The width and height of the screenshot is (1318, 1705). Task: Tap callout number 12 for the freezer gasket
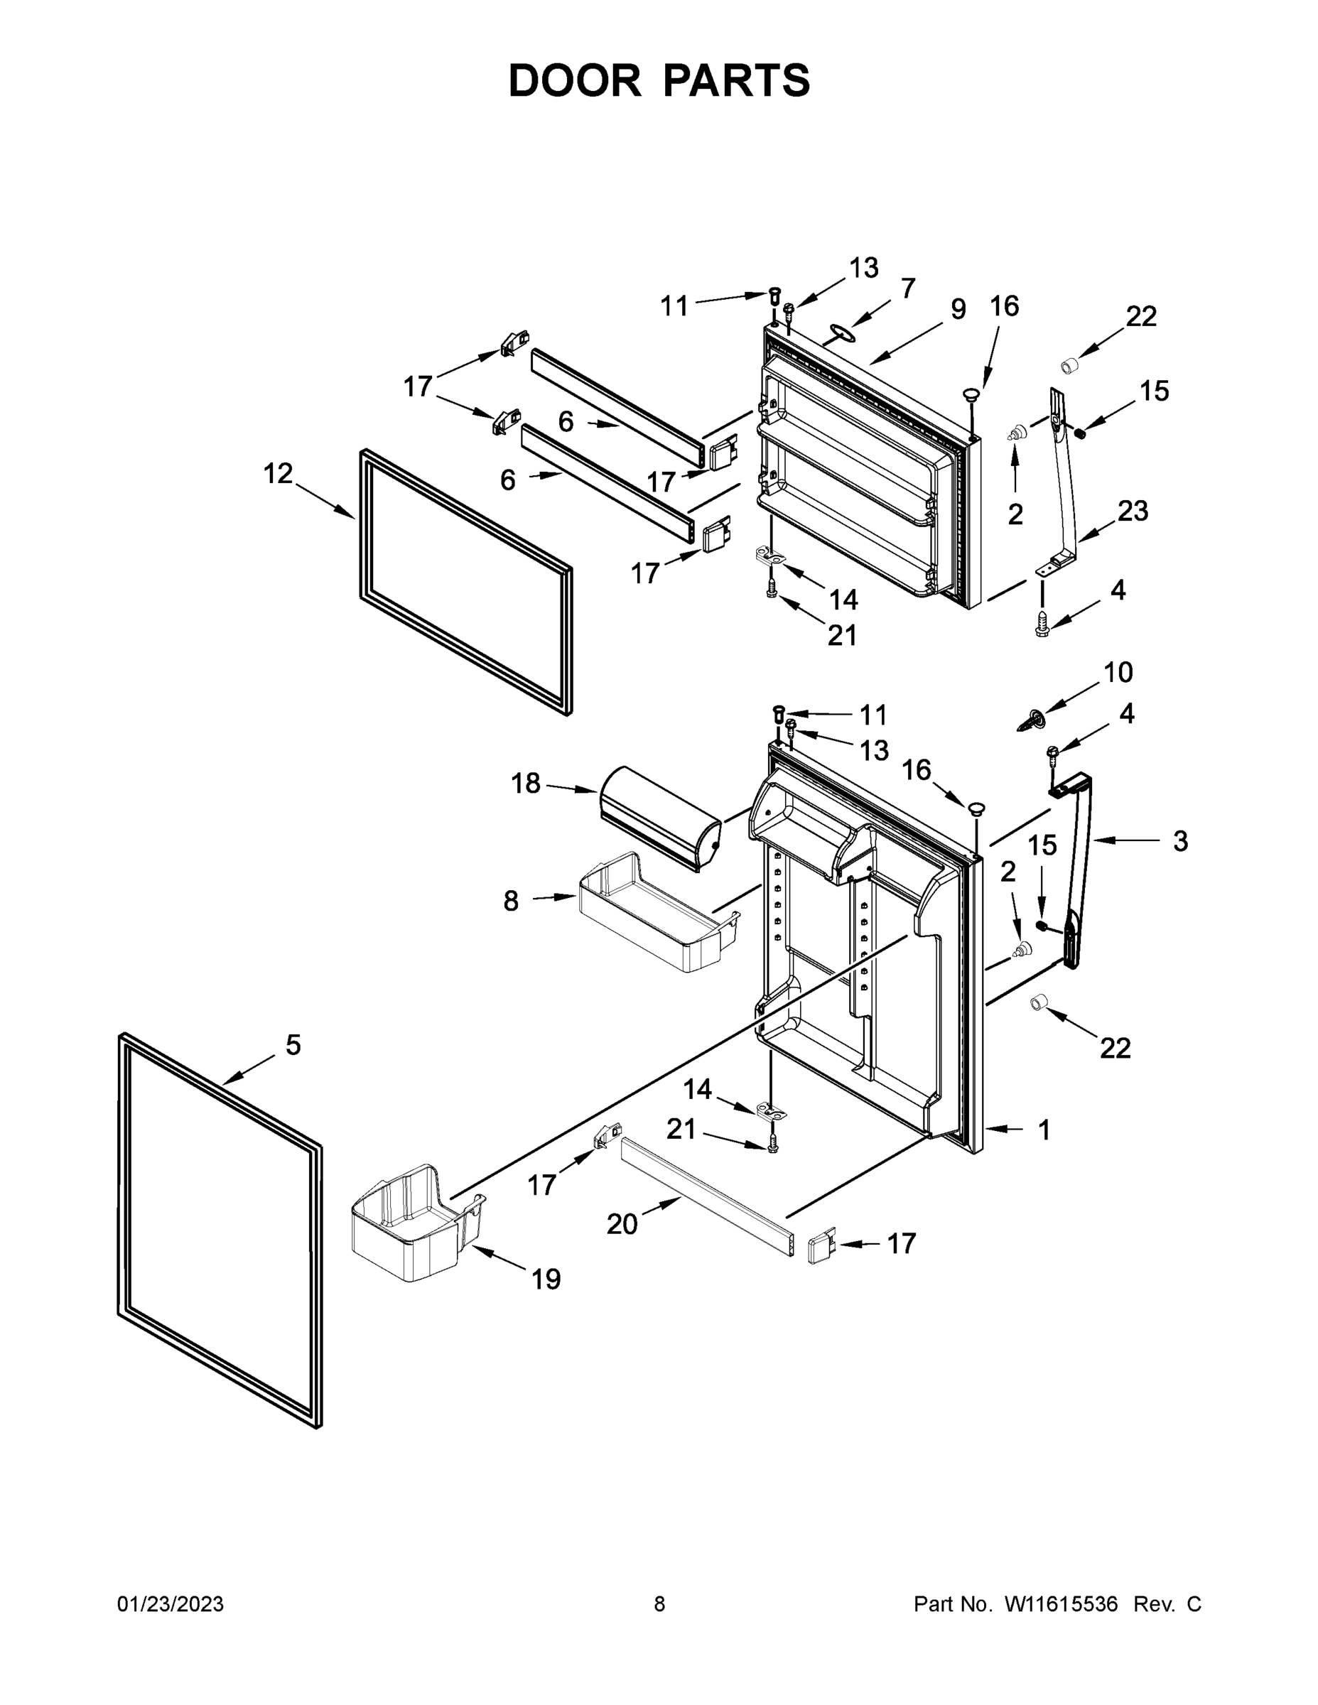(x=278, y=473)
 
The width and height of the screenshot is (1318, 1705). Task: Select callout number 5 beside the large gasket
(x=293, y=1044)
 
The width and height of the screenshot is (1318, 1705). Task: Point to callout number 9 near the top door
(x=958, y=309)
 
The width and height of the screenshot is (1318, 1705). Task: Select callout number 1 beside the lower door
(x=1044, y=1130)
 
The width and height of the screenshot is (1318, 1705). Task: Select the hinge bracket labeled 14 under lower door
(x=772, y=1111)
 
